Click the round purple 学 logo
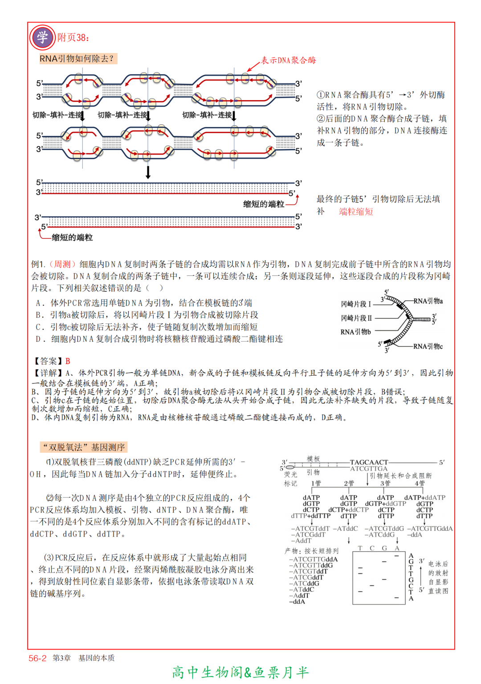coord(42,37)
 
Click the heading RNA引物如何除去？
coord(77,58)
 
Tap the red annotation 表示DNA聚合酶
coord(288,60)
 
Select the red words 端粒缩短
coord(356,212)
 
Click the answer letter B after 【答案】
coord(68,361)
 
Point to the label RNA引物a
coord(428,301)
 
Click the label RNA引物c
coord(428,346)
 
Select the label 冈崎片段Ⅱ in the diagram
coord(356,318)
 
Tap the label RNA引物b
coord(355,332)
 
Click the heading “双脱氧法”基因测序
coord(84,447)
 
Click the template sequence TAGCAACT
coord(369,462)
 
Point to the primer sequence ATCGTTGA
coord(369,469)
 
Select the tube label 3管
coord(385,483)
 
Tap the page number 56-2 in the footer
coord(37,658)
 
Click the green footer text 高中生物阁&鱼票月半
coord(240,672)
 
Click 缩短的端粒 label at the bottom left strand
coord(72,238)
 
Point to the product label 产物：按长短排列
coord(311,551)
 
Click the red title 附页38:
coord(73,37)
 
